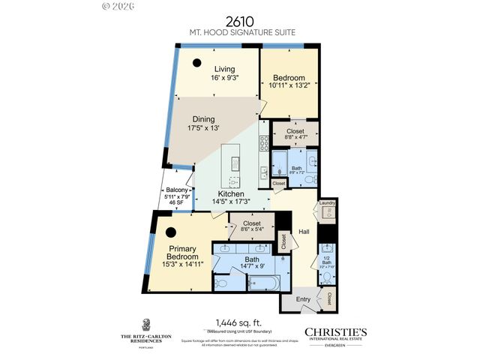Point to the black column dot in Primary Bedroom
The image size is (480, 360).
[x=171, y=232]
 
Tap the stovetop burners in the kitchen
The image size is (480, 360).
[x=263, y=142]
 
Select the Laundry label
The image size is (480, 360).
[x=326, y=202]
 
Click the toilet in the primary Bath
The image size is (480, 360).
[x=223, y=283]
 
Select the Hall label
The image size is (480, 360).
[x=303, y=232]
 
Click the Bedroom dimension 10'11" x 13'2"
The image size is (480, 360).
[x=288, y=85]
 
